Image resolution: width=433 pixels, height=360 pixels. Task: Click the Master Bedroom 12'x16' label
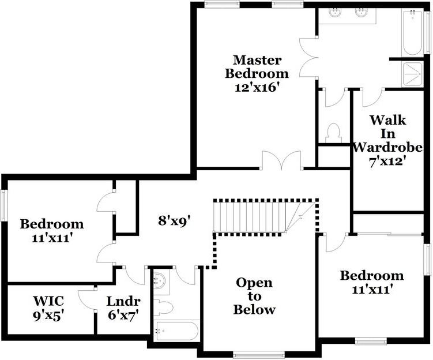257,74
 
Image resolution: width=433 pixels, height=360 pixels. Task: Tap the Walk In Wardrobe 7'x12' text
384,141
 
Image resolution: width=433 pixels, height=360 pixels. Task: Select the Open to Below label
255,296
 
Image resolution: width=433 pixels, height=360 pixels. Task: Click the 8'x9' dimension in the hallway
175,220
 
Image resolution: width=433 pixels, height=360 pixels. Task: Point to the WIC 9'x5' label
48,308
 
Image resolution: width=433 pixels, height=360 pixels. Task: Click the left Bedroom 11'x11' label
52,231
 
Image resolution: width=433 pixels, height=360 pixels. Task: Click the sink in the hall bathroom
160,282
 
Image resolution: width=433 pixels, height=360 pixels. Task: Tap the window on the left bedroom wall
3,205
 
